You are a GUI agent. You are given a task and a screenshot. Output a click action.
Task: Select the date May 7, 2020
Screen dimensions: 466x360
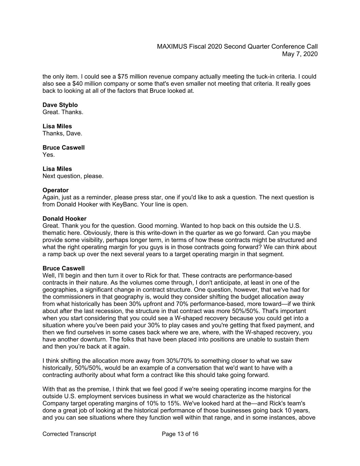coord(300,54)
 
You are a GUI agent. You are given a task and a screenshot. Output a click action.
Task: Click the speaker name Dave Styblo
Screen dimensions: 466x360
coord(60,105)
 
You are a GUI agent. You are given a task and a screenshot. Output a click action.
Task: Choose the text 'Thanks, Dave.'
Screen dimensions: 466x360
coord(62,133)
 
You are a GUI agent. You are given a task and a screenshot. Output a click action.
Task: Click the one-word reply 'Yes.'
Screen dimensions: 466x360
coord(48,155)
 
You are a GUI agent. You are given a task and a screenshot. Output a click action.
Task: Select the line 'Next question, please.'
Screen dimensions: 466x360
coord(73,176)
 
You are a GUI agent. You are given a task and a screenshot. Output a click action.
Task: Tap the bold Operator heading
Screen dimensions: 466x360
coord(55,190)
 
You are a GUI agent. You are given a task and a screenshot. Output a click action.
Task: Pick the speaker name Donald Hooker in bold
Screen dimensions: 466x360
coord(64,218)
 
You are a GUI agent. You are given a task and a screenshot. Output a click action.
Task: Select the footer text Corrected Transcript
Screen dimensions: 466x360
coord(69,434)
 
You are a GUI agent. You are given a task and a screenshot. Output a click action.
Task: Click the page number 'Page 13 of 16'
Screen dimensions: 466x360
coord(180,434)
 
